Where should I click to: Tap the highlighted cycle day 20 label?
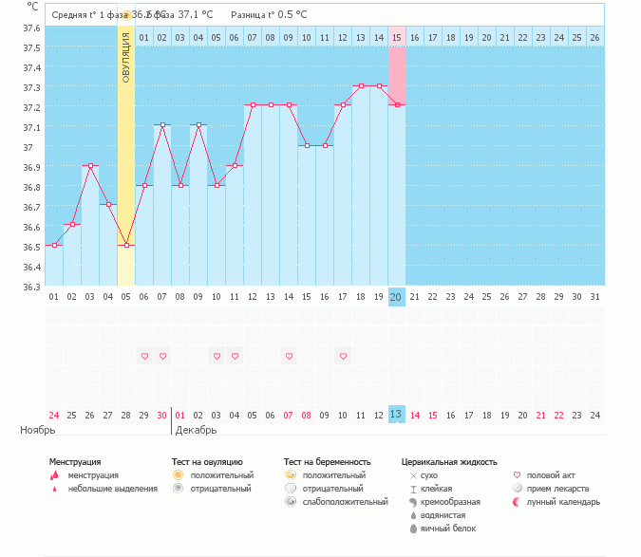(x=396, y=297)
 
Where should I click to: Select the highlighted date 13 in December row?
(x=396, y=415)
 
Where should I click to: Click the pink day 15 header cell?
(x=396, y=37)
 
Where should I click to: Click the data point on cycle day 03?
(x=90, y=165)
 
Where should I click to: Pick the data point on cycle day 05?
(x=126, y=245)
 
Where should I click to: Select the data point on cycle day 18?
(x=360, y=85)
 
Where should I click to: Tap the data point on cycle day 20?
(x=396, y=105)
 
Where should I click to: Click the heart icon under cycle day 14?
(x=288, y=356)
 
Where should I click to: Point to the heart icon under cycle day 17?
(x=342, y=356)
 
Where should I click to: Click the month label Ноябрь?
(x=38, y=430)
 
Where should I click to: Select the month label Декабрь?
(x=197, y=430)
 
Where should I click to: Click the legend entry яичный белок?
(x=446, y=529)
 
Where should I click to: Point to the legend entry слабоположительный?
(x=333, y=502)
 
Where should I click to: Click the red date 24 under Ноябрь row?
(x=54, y=415)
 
